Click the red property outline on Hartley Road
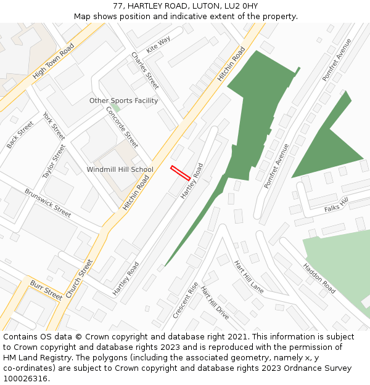click(180, 172)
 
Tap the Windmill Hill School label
click(120, 169)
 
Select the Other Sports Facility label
click(123, 100)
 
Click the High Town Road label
click(53, 61)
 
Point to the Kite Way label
click(158, 44)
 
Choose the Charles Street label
click(145, 70)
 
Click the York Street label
click(54, 125)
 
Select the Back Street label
click(20, 135)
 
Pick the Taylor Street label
click(54, 161)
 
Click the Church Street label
click(78, 278)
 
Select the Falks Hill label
click(337, 205)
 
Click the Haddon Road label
click(319, 278)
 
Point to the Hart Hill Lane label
click(249, 276)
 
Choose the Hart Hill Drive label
click(215, 302)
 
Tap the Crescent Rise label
click(186, 300)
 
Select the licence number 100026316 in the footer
click(26, 379)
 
